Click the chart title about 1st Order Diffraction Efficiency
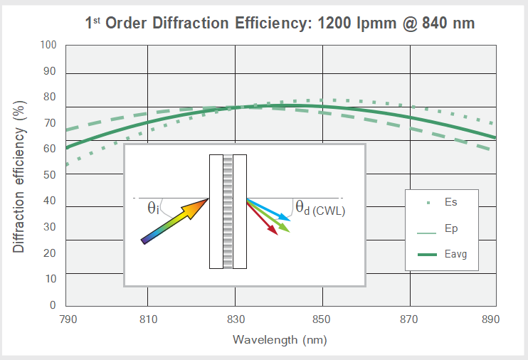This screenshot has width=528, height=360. click(x=280, y=23)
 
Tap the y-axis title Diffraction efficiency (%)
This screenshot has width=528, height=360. click(x=20, y=176)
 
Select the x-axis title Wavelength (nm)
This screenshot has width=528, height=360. click(x=280, y=339)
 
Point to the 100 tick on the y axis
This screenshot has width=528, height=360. click(x=48, y=45)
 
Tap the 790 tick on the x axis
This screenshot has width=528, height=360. click(x=67, y=319)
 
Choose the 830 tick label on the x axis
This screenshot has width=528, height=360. click(x=236, y=319)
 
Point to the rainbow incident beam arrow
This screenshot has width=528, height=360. click(x=174, y=221)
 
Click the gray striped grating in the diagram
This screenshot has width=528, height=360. click(x=228, y=211)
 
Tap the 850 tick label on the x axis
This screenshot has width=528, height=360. click(x=322, y=319)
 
